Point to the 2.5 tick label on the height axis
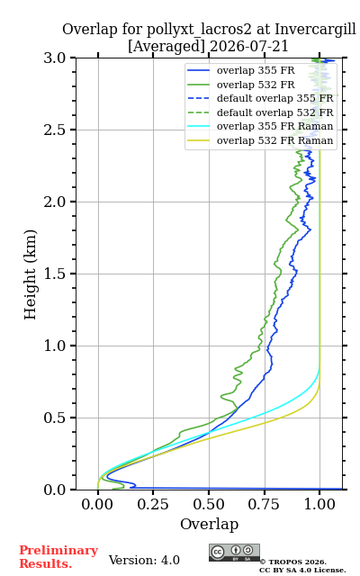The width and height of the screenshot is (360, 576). pos(55,130)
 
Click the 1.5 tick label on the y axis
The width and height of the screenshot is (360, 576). pos(55,274)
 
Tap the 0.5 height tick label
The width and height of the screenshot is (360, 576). pos(55,418)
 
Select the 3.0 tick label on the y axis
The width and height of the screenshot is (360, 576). pos(55,58)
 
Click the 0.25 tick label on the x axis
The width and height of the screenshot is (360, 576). pos(153,504)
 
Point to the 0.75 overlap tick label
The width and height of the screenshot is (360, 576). pos(264,504)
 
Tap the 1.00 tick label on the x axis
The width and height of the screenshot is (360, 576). pos(319,504)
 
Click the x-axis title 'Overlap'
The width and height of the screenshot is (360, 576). pos(210,524)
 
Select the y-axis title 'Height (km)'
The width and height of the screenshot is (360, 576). pos(31,274)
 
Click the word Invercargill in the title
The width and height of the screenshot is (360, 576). pos(316,30)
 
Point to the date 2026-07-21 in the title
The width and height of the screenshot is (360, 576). pos(249,46)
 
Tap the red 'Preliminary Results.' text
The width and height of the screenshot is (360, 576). pos(58,557)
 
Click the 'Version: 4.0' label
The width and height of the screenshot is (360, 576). pos(144,560)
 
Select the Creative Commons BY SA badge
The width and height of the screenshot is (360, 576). pos(234,553)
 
